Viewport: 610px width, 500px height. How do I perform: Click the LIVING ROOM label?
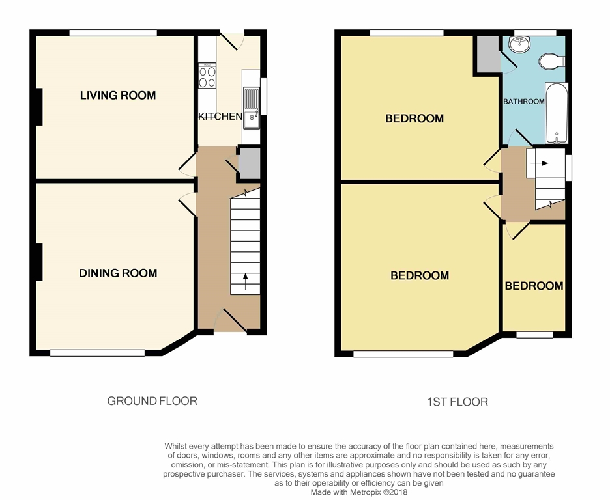(118, 96)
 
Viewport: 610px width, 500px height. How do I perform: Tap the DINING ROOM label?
(118, 273)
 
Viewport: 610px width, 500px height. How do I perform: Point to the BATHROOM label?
(523, 102)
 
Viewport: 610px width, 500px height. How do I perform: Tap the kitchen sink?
(252, 108)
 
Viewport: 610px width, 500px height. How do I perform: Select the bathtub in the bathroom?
(557, 113)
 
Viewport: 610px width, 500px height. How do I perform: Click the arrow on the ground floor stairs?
(245, 281)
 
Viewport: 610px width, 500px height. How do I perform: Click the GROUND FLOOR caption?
(152, 401)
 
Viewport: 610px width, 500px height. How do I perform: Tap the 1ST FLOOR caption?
(457, 402)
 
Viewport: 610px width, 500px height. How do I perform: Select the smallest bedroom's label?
(534, 286)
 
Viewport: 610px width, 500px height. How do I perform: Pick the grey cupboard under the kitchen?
(250, 163)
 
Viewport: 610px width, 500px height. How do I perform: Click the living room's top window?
(113, 32)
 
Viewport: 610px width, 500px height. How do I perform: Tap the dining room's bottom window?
(97, 353)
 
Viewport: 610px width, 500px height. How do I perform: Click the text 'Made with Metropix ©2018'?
(358, 493)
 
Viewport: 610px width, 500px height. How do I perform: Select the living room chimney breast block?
(38, 106)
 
